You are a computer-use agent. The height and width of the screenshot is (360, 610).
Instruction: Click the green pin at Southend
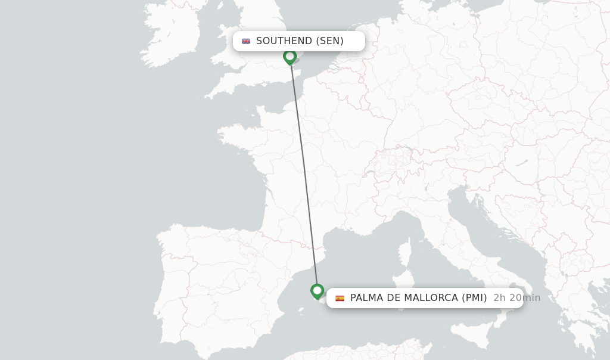[290, 57]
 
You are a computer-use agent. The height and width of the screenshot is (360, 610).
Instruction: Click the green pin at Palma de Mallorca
[317, 291]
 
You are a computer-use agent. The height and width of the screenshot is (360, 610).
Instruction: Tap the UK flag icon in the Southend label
[246, 41]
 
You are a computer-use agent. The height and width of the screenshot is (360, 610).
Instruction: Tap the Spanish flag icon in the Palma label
[340, 298]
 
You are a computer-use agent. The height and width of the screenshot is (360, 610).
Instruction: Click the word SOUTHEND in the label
[284, 41]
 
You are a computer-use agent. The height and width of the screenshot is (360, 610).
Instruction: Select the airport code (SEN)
[329, 41]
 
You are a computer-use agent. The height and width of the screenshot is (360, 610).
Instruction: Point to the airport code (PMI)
[474, 298]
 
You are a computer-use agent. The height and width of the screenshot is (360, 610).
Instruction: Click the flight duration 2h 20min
[516, 298]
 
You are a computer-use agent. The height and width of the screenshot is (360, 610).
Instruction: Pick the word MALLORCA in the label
[431, 298]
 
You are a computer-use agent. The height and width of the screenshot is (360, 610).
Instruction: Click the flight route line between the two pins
[304, 173]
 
